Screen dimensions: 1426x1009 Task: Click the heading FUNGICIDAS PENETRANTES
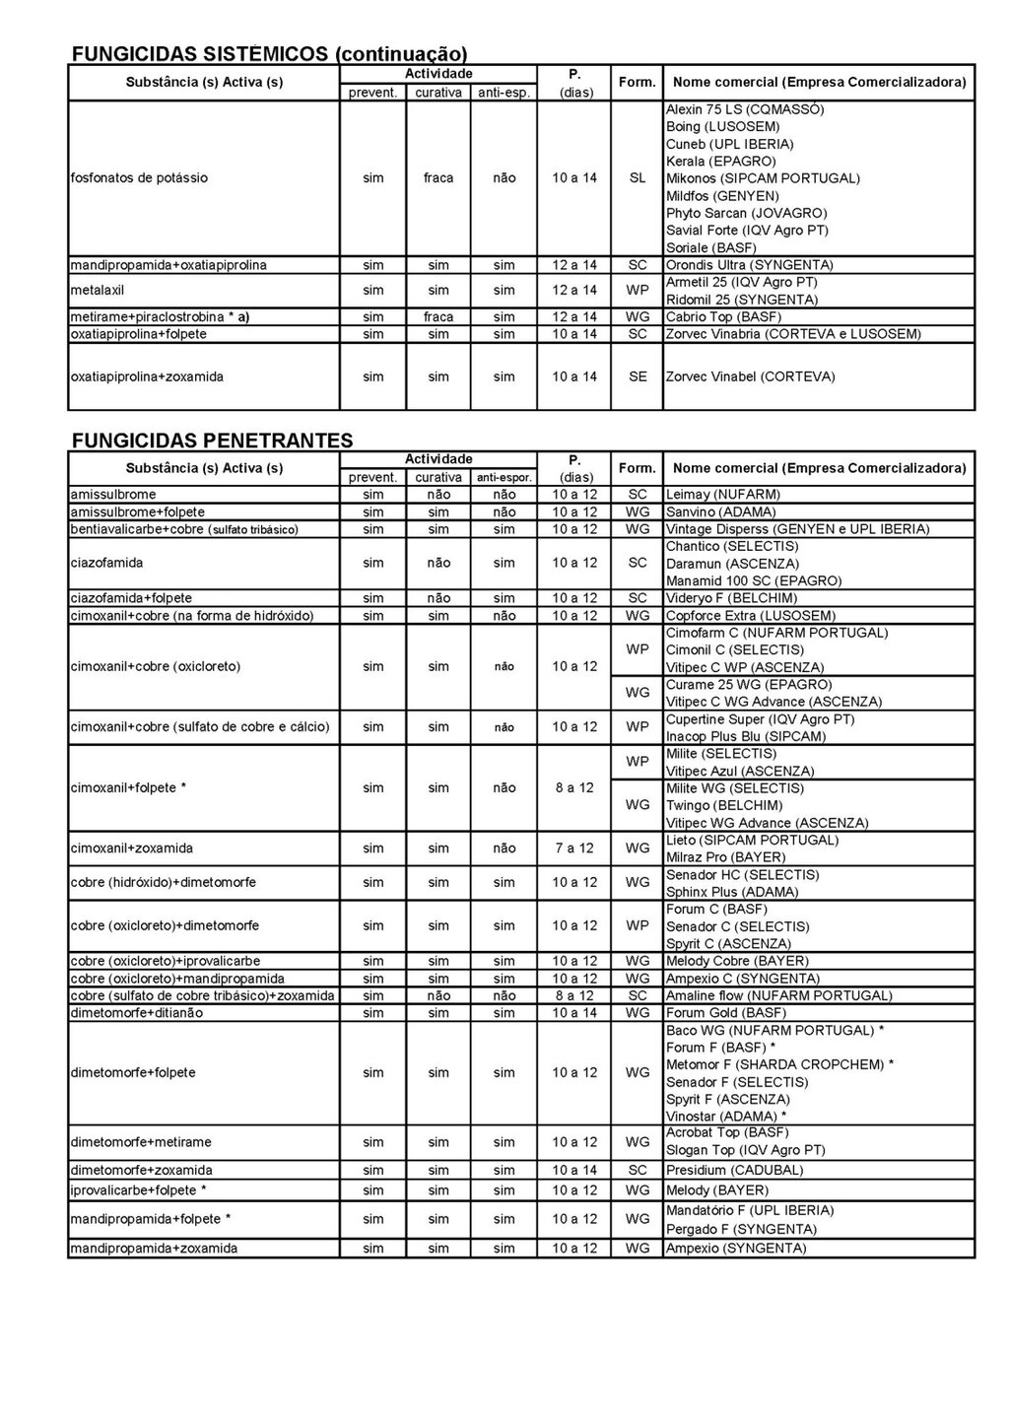[213, 440]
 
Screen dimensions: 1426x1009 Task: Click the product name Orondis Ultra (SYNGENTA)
[749, 265]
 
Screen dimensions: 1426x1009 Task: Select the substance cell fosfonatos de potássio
[139, 178]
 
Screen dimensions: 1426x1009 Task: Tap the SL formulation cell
[638, 178]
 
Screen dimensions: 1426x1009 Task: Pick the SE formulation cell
[638, 376]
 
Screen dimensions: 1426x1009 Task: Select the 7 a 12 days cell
[574, 849]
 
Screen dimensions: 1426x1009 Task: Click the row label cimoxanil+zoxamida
[132, 849]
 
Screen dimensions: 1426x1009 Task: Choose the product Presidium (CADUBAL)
[734, 1171]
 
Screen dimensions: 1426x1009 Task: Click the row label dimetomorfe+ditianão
[137, 1013]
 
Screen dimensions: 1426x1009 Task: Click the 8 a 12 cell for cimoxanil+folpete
[574, 788]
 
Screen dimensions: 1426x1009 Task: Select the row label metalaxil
[98, 291]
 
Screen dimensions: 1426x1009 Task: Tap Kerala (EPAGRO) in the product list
[720, 162]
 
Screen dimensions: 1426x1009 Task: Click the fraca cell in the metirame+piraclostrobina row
[438, 317]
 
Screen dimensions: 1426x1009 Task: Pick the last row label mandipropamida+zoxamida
[154, 1249]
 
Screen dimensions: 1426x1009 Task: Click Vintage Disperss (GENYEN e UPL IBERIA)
[797, 529]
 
